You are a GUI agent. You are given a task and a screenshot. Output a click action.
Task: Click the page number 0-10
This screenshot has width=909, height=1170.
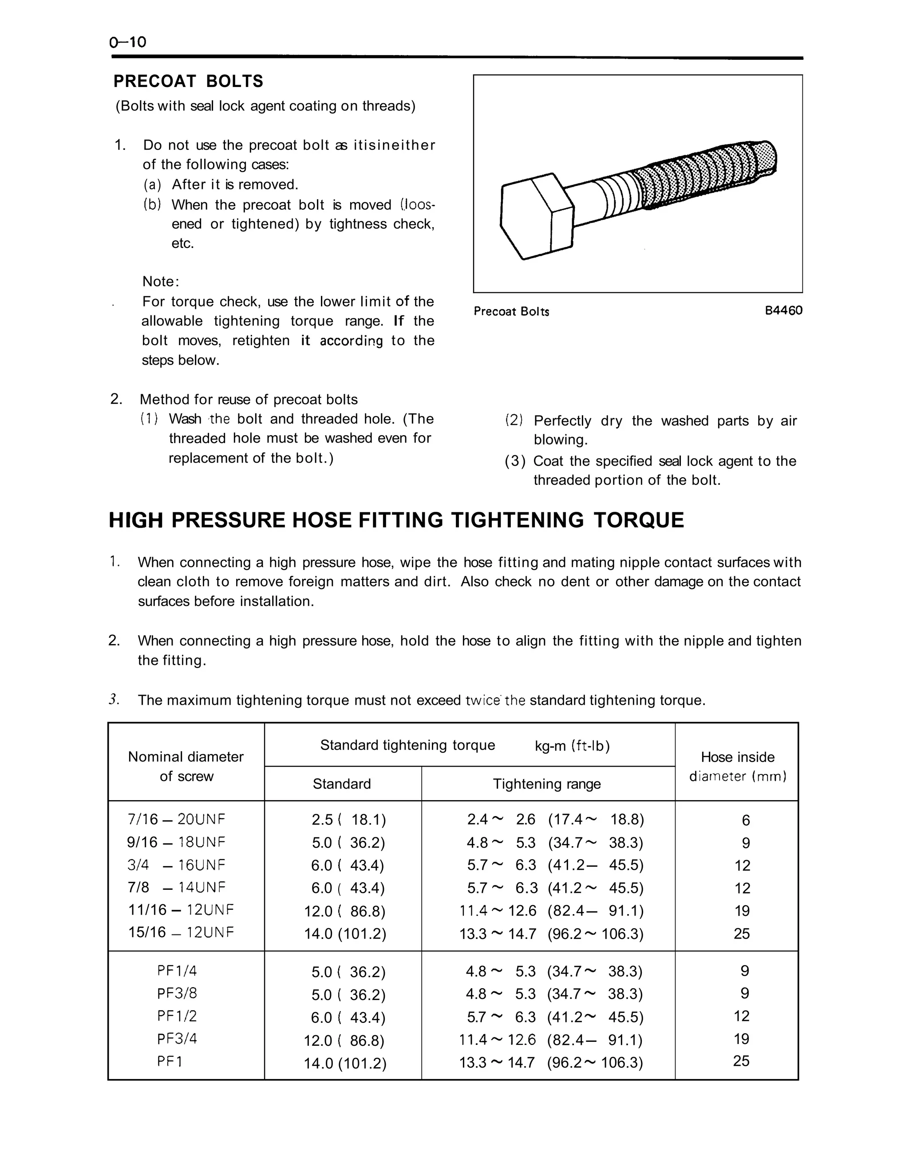click(127, 42)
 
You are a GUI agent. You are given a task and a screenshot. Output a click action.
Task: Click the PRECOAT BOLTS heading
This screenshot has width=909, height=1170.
click(188, 82)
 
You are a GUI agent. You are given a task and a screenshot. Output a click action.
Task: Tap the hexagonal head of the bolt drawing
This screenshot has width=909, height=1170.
click(536, 217)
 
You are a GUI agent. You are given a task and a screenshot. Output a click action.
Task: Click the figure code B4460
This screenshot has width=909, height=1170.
click(783, 311)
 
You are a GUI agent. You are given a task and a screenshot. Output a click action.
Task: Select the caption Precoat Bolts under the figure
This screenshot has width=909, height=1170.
click(511, 312)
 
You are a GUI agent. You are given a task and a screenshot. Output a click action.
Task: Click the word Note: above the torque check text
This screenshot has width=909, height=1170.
click(161, 282)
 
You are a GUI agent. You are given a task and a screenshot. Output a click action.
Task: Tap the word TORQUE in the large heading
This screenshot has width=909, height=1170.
click(639, 521)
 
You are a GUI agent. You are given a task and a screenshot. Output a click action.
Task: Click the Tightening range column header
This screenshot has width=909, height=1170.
click(547, 784)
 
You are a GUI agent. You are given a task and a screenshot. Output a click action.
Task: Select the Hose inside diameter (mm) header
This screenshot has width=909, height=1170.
click(738, 766)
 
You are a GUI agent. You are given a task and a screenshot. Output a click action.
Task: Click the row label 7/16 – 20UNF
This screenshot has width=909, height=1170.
click(176, 820)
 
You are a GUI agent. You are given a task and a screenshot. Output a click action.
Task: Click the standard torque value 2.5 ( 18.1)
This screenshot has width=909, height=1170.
click(348, 820)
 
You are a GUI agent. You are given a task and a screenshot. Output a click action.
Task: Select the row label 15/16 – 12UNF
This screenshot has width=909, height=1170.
click(181, 933)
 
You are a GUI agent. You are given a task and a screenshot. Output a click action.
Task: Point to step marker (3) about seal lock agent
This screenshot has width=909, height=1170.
click(514, 461)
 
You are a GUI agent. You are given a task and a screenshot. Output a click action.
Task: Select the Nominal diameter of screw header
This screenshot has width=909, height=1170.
click(186, 766)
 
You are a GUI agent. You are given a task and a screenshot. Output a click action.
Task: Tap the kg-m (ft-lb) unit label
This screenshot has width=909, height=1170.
click(572, 746)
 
